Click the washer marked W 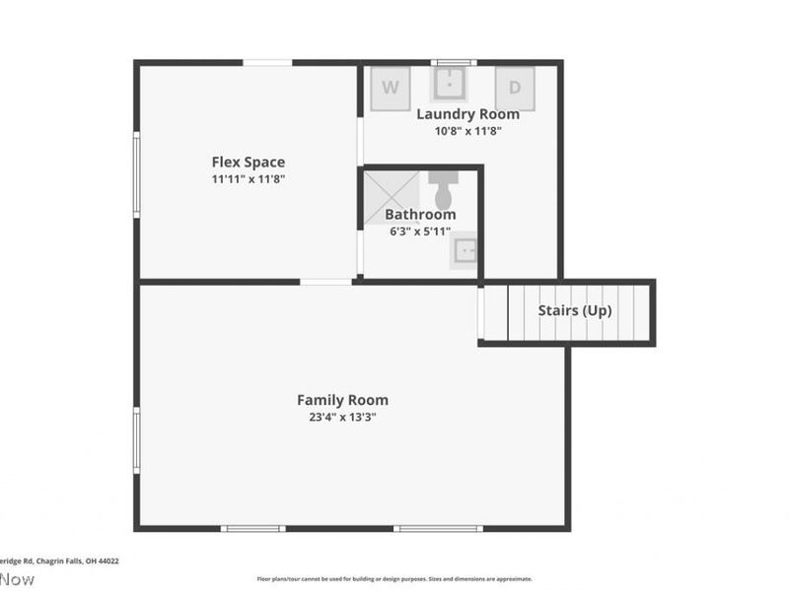(x=391, y=88)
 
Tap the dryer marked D (x=514, y=88)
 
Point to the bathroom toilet (x=443, y=189)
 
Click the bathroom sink (x=465, y=252)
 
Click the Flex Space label (x=249, y=162)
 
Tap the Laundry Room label (x=467, y=114)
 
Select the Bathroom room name (x=420, y=214)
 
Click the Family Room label (x=342, y=400)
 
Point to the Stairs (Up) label (x=575, y=310)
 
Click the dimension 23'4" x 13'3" (x=342, y=417)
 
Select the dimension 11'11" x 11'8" (x=249, y=179)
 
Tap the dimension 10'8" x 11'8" (x=467, y=130)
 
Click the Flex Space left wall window (x=136, y=174)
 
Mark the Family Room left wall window (x=136, y=440)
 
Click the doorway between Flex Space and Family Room (x=325, y=282)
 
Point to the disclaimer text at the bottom (x=394, y=579)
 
